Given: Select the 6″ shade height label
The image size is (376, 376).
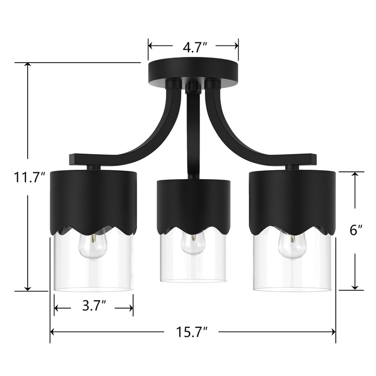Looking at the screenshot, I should click(355, 230).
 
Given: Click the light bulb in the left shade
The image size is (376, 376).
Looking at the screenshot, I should click(92, 246).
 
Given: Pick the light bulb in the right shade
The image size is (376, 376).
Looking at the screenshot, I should click(291, 246).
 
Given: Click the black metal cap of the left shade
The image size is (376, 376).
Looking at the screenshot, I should click(93, 198).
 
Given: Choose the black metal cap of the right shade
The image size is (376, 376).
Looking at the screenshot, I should click(291, 198).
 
